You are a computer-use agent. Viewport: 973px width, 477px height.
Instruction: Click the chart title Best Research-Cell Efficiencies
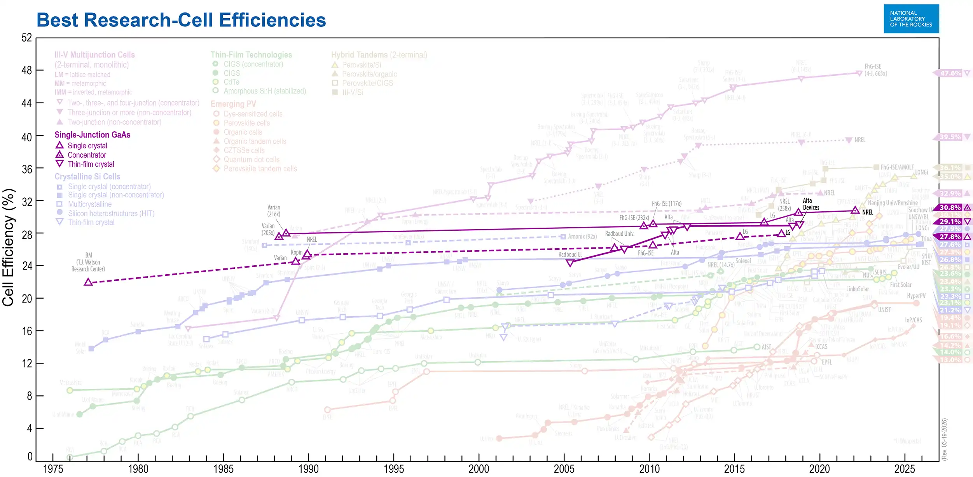point(181,20)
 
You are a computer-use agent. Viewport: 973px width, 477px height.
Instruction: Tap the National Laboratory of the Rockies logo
point(911,19)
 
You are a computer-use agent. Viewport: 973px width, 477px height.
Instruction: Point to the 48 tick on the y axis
point(26,71)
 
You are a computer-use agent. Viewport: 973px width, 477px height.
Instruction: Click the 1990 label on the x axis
point(308,468)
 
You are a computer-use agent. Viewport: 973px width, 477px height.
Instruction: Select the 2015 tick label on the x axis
point(734,468)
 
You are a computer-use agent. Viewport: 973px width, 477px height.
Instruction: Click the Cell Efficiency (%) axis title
point(9,247)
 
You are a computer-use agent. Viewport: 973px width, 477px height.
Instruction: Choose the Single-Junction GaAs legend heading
point(92,135)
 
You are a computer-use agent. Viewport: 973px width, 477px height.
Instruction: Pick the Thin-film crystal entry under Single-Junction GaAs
point(91,164)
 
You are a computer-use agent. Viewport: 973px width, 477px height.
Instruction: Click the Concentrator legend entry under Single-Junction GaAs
point(87,155)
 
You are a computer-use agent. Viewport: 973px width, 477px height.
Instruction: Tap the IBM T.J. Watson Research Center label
point(88,262)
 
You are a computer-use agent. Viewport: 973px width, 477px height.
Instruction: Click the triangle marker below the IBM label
point(88,282)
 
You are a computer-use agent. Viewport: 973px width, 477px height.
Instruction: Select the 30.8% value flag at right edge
point(950,208)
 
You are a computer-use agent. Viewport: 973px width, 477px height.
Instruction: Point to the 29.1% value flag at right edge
point(950,222)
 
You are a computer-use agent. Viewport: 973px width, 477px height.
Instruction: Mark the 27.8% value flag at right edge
point(950,237)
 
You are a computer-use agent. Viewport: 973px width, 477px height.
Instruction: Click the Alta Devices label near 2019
point(811,204)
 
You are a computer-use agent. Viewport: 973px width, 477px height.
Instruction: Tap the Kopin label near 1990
point(297,252)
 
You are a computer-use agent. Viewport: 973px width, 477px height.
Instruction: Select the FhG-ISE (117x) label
point(666,204)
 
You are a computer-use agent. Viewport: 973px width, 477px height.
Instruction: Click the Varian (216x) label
point(274,211)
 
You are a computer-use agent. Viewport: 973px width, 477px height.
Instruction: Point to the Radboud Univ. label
point(620,234)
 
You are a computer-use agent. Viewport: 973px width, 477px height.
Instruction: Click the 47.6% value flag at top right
point(950,73)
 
